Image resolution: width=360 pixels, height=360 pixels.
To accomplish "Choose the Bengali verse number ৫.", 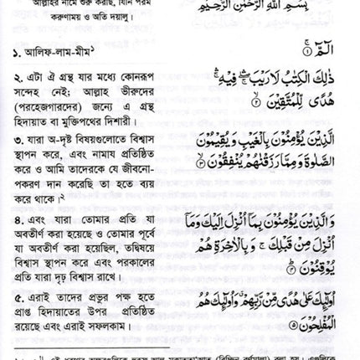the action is coord(16,296).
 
